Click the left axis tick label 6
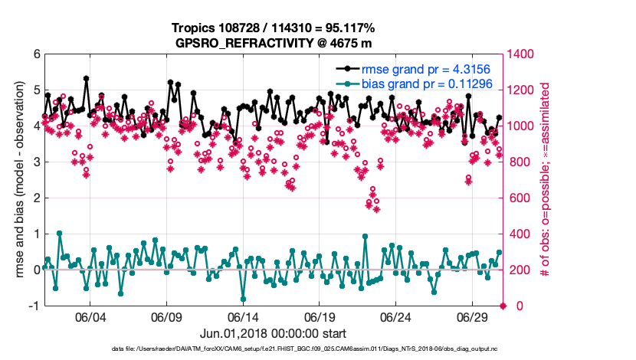[x=36, y=54]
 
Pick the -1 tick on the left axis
[x=34, y=306]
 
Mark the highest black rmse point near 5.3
[x=86, y=78]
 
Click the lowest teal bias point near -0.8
[x=243, y=299]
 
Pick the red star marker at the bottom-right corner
[x=503, y=306]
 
